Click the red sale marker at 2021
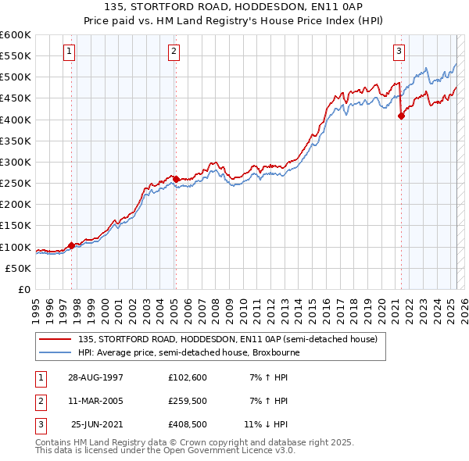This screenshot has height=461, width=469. [x=401, y=116]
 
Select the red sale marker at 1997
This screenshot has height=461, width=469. [x=72, y=245]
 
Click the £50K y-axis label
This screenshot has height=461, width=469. [x=19, y=268]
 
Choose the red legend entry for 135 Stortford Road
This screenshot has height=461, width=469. [x=227, y=339]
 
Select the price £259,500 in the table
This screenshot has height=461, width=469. [x=188, y=401]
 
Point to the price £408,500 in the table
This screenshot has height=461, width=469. [x=188, y=425]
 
